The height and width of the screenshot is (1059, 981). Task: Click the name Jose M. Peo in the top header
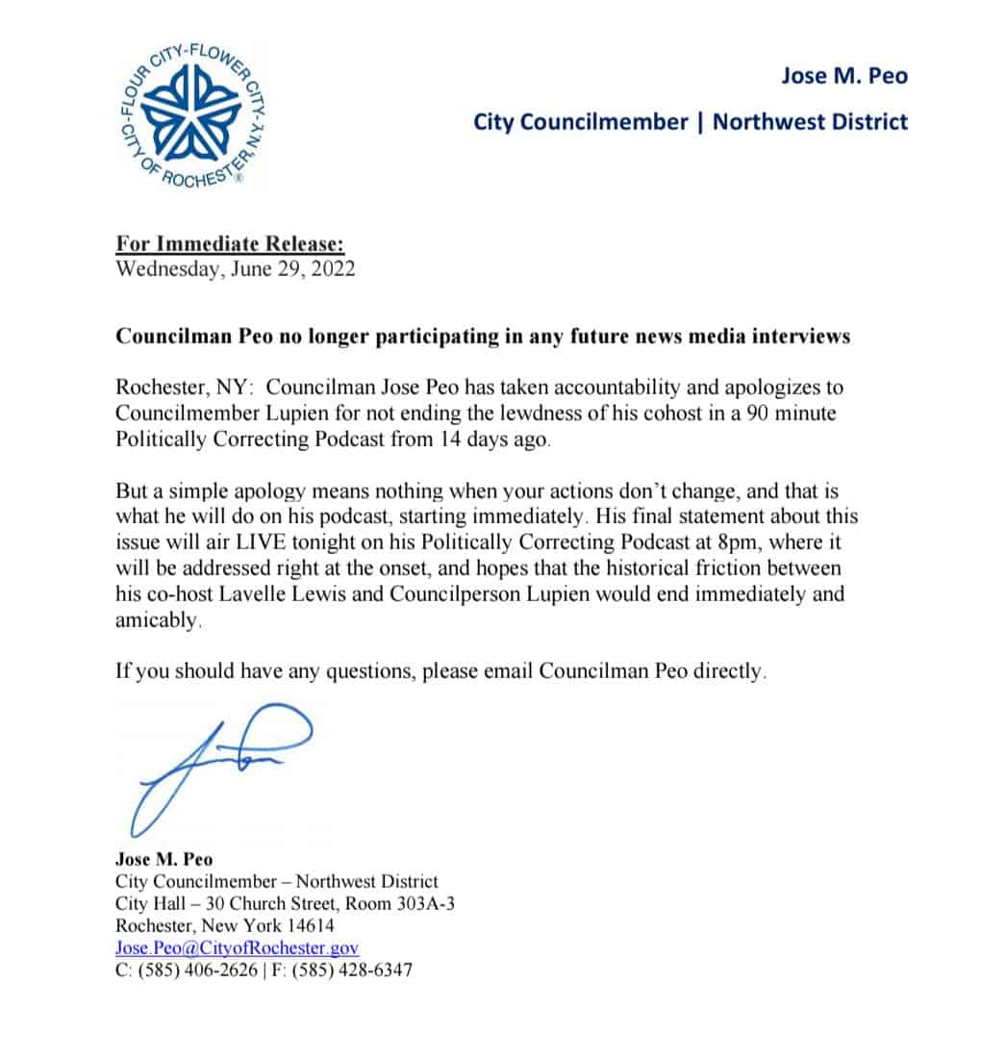843,76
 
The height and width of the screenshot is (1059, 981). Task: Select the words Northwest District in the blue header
810,122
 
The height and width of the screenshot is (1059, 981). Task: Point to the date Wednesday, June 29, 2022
235,268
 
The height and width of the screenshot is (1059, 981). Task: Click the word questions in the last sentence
363,671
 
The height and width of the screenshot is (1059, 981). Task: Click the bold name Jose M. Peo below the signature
163,859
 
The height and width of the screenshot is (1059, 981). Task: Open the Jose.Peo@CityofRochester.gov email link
237,948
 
